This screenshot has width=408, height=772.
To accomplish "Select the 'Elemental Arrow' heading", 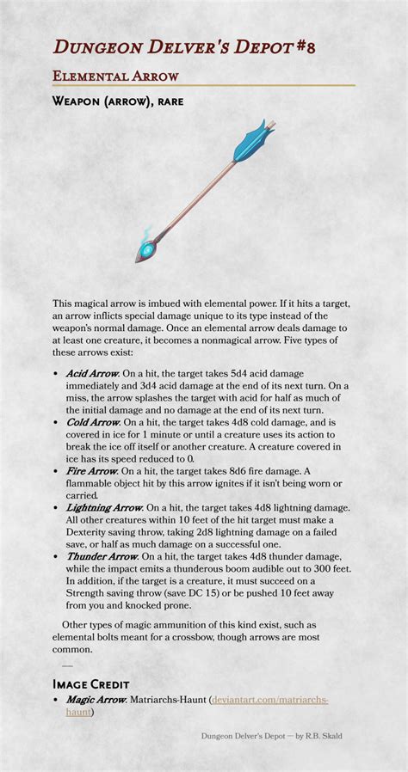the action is (x=115, y=76).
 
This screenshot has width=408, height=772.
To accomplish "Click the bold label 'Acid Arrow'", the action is (x=92, y=374).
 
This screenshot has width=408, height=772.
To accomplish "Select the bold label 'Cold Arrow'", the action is (x=92, y=422).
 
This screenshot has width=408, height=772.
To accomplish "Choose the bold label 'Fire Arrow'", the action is (x=90, y=471).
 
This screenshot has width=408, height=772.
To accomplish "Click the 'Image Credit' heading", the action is (x=90, y=684).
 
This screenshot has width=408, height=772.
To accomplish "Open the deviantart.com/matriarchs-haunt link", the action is (x=270, y=700).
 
